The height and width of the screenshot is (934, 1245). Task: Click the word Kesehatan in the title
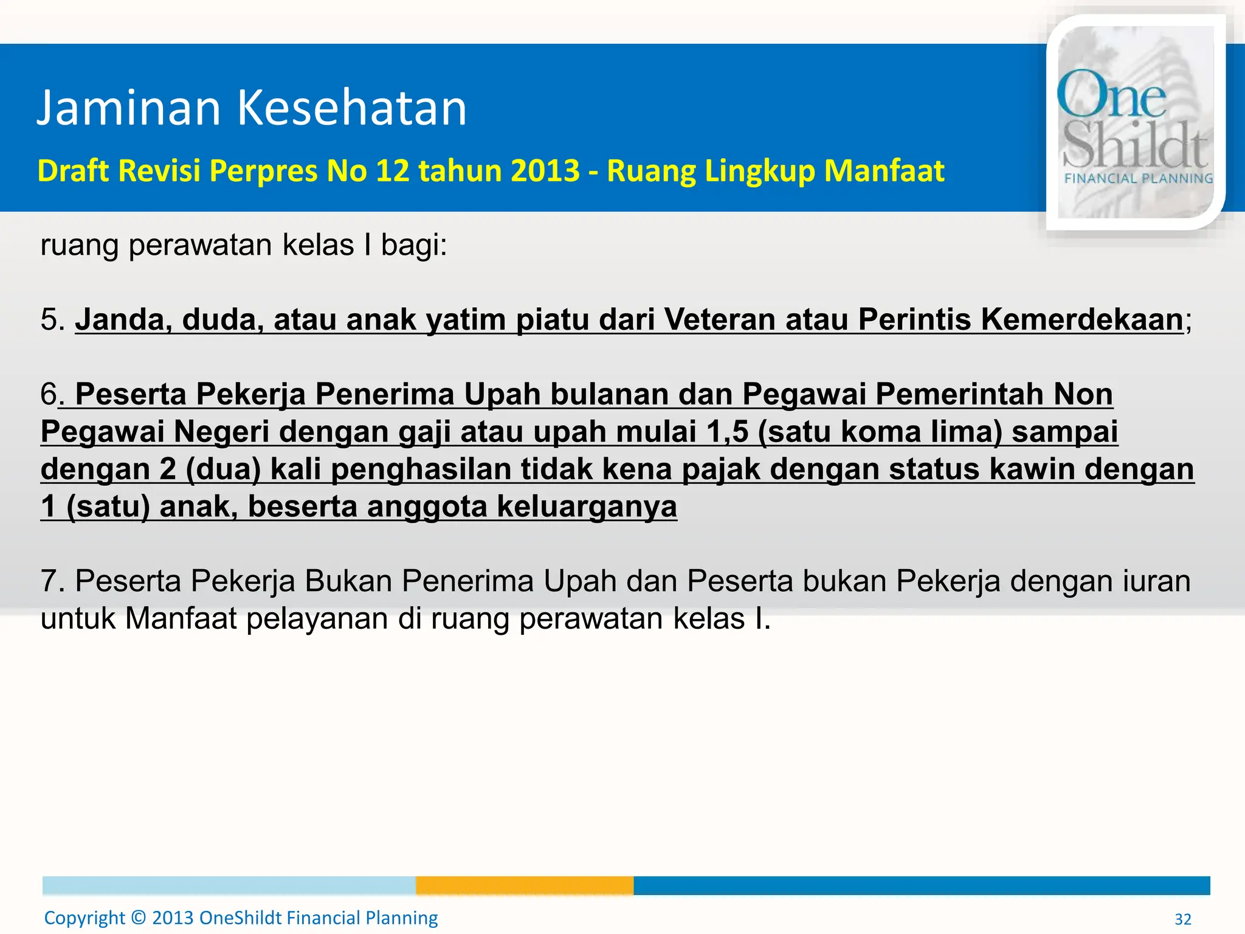point(351,108)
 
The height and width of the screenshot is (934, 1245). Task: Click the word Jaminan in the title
point(128,108)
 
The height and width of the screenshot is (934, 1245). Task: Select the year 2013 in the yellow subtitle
point(545,170)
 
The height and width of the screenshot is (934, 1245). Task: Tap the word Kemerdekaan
point(1081,319)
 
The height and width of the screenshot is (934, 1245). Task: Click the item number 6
point(49,394)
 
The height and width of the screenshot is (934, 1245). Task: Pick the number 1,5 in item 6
point(727,432)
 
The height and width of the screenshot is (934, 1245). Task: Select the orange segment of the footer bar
point(525,885)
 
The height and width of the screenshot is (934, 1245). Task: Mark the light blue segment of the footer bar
point(229,885)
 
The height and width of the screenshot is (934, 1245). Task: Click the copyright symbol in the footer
point(139,918)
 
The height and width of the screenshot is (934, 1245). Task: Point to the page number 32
point(1182,919)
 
